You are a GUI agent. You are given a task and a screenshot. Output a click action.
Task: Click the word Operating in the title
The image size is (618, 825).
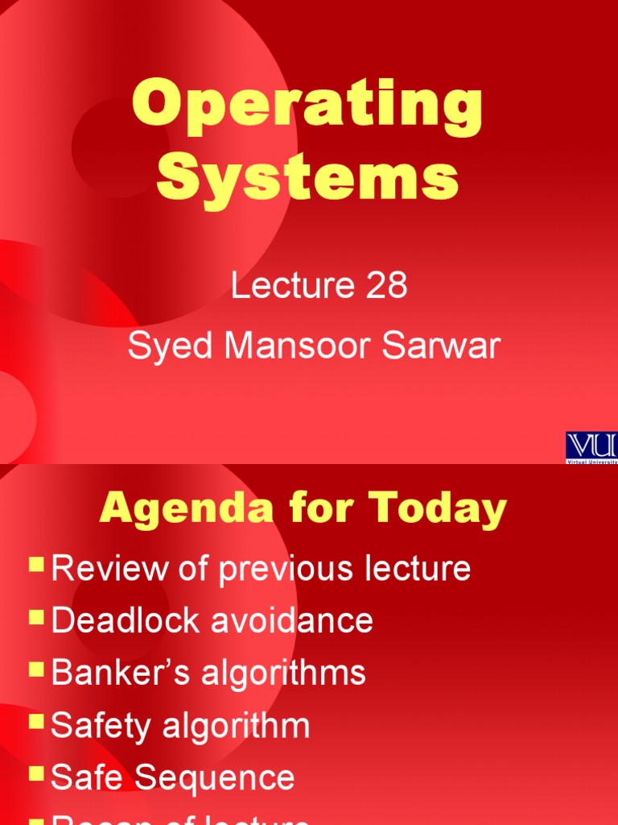click(307, 109)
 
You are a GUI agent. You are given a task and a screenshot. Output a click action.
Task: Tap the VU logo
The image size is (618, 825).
click(591, 447)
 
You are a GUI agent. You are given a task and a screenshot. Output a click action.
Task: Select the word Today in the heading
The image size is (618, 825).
click(438, 509)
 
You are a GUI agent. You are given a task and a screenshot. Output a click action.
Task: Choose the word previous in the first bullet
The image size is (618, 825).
click(276, 569)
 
